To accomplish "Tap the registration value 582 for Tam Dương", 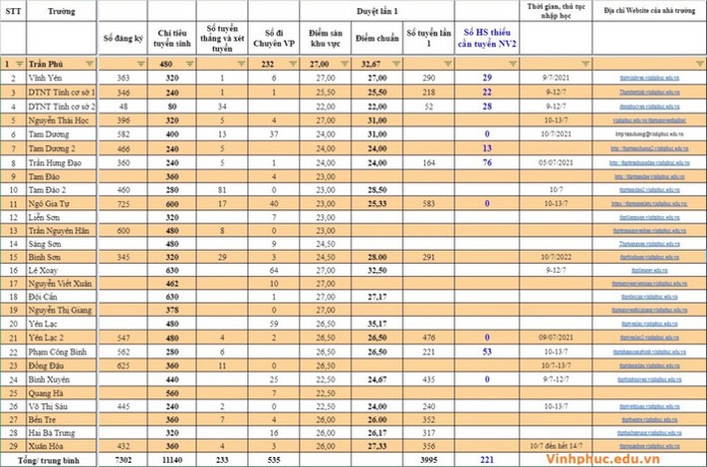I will pos(122,132).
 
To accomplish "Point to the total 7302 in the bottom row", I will pos(121,462).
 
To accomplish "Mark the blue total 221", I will pos(487,462).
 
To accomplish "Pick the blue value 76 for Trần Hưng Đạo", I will pos(487,160).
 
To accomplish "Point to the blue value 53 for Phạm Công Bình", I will pos(487,350).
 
